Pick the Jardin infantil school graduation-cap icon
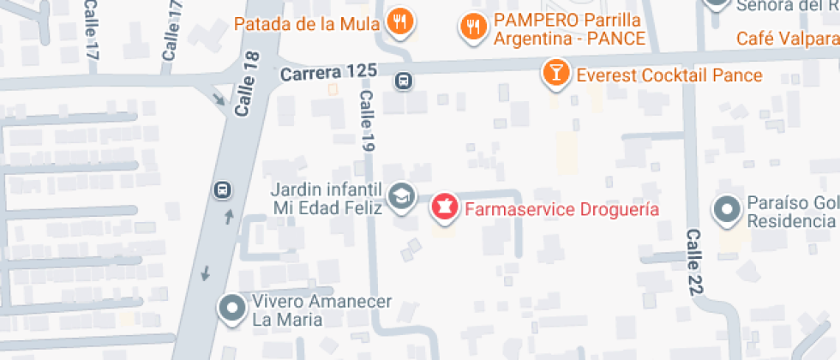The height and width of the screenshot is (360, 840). (400, 197)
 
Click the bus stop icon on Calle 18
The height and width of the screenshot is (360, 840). (222, 189)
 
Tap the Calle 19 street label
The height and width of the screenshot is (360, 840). (367, 122)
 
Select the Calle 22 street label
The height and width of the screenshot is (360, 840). (694, 262)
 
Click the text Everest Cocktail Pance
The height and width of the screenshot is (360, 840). (669, 75)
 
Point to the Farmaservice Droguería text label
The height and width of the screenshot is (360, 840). (561, 208)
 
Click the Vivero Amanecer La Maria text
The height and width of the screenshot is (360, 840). (321, 310)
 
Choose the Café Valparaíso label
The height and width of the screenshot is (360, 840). (788, 39)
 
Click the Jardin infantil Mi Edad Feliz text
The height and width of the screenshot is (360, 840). (326, 198)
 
